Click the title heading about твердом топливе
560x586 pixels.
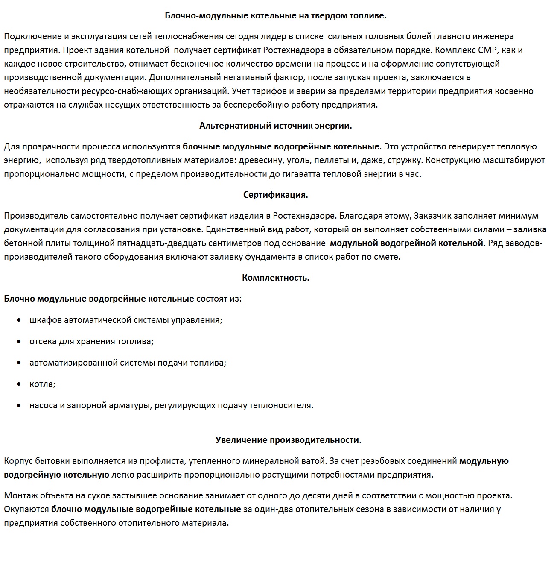[x=275, y=15]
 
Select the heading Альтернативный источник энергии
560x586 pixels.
[x=275, y=126]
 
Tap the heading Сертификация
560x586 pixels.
[x=275, y=195]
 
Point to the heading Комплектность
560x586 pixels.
[x=275, y=278]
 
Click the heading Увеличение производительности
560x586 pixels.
[x=288, y=440]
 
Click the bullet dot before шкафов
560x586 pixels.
[x=19, y=320]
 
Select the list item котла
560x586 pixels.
[x=42, y=384]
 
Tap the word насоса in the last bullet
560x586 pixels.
[x=43, y=405]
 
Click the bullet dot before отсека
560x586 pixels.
[x=19, y=341]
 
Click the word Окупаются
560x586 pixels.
[x=26, y=509]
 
